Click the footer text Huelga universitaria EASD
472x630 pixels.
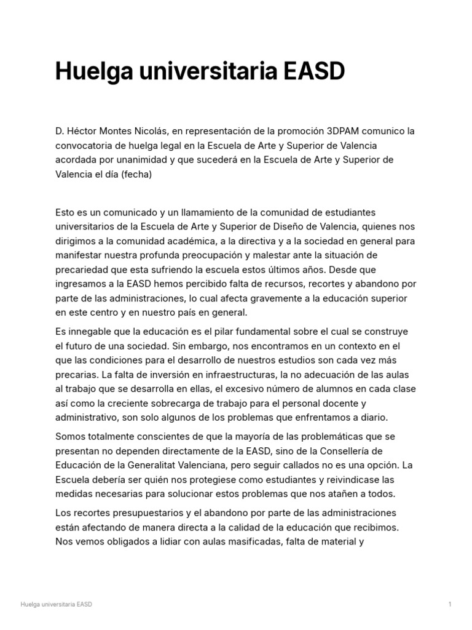56,604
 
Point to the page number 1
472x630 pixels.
450,604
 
